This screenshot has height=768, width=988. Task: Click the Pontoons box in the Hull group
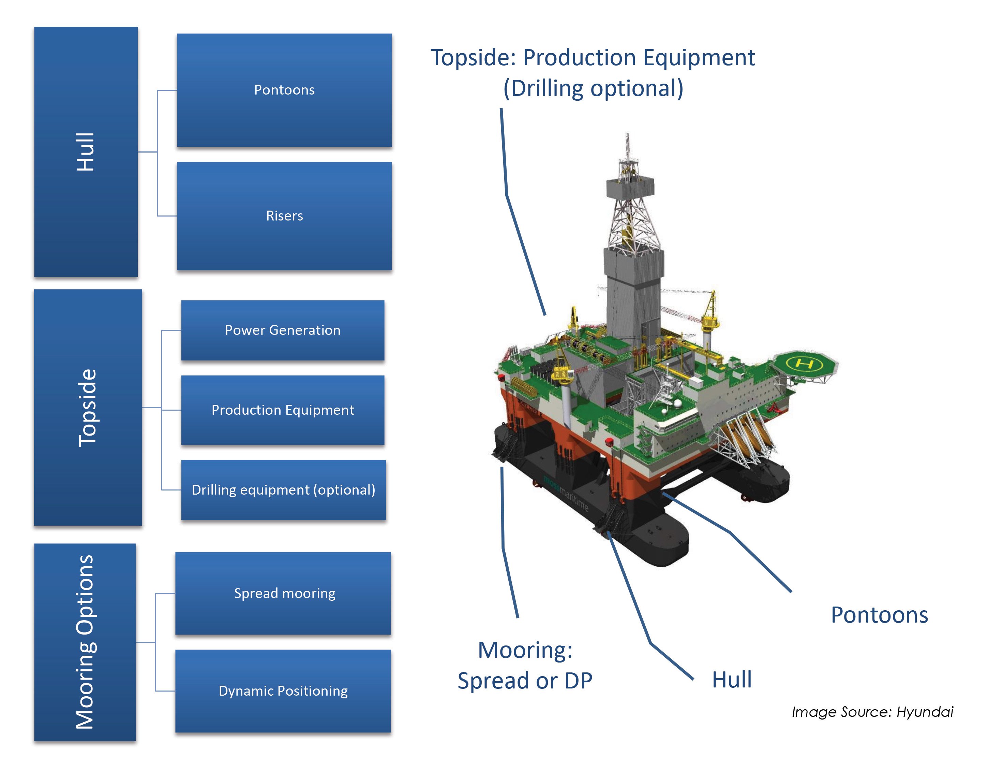(x=284, y=90)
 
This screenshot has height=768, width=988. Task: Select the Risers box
(x=284, y=216)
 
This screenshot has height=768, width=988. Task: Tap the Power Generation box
(x=283, y=330)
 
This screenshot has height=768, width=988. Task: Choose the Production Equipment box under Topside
(x=283, y=410)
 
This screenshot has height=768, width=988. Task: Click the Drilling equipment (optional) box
(x=283, y=490)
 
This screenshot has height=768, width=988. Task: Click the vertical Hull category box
(x=86, y=152)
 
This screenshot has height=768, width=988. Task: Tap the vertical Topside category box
(x=88, y=408)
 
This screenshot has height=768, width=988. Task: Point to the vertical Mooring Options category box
(x=85, y=642)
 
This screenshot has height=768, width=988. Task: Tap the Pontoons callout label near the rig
(x=879, y=615)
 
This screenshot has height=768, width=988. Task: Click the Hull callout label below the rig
(x=732, y=679)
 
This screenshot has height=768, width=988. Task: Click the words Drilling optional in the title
(x=593, y=88)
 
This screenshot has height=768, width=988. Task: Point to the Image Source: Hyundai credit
(x=872, y=712)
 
